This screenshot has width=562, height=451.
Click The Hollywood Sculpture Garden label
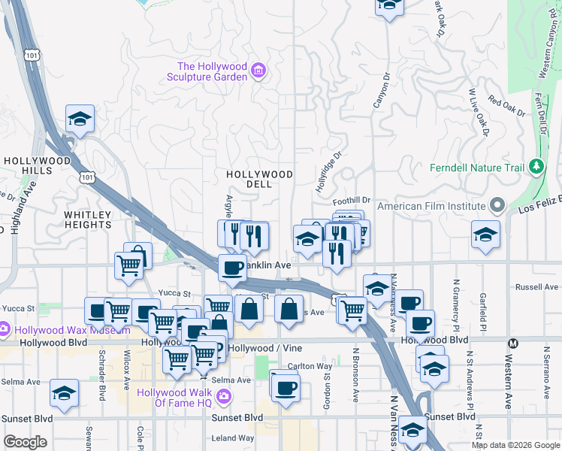click(x=213, y=71)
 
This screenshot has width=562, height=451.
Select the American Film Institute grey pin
click(x=497, y=205)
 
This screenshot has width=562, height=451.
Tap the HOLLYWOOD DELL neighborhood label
click(x=260, y=180)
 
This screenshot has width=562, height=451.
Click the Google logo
click(x=25, y=442)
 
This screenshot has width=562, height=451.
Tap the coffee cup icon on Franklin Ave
click(x=232, y=267)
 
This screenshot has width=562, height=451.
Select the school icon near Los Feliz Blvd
click(x=485, y=235)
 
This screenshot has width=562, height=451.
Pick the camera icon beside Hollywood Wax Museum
click(x=5, y=329)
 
